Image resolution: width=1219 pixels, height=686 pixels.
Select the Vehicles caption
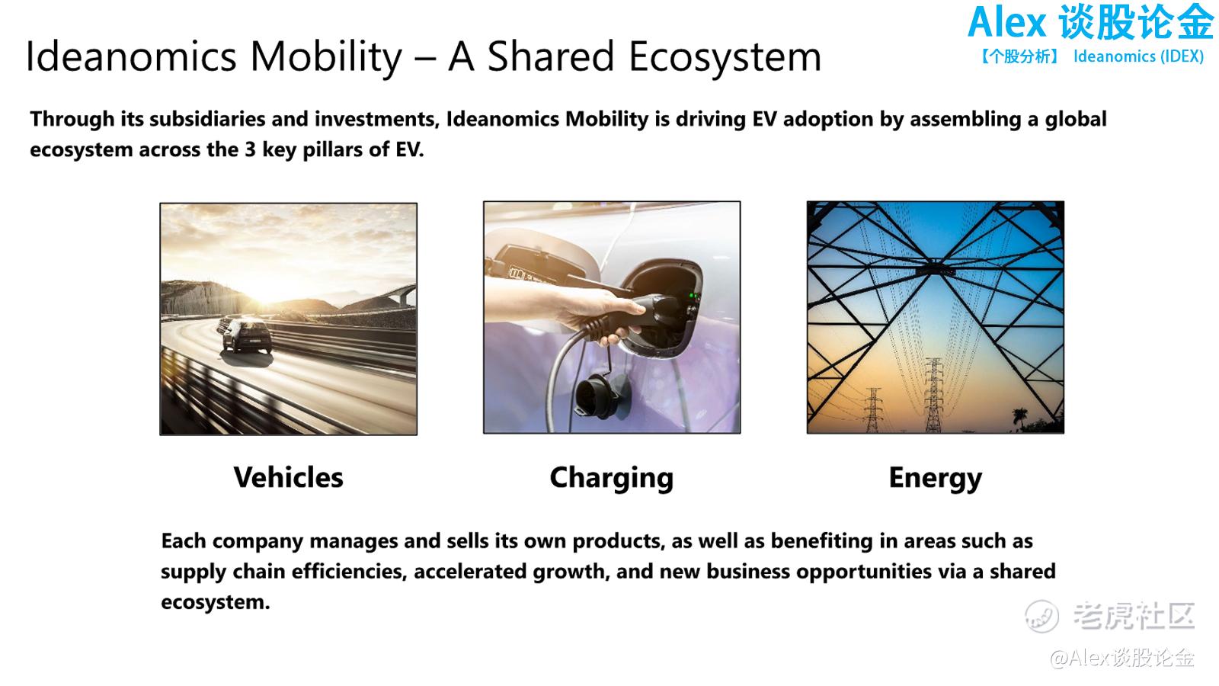(289, 477)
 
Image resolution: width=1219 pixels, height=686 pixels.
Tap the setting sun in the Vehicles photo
(266, 294)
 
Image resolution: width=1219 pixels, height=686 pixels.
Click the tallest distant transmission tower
(934, 395)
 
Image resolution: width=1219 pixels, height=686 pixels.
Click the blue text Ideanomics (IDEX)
(1138, 56)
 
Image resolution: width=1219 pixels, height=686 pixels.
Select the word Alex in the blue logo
(1007, 23)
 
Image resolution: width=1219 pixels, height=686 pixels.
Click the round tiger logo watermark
(1041, 616)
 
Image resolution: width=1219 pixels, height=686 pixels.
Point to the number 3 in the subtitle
(250, 149)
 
